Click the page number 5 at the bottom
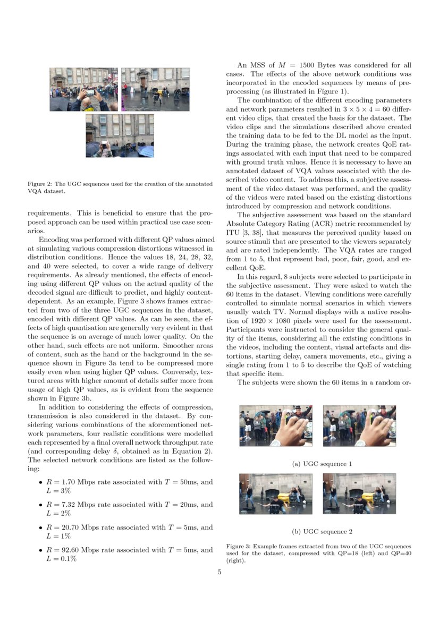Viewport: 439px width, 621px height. pos(219,572)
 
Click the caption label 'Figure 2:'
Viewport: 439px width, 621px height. pos(39,184)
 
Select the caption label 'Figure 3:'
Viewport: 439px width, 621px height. pos(238,546)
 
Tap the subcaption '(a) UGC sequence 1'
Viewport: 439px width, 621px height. pos(322,464)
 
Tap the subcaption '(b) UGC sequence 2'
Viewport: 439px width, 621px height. pos(322,531)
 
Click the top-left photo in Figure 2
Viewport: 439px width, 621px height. pos(83,89)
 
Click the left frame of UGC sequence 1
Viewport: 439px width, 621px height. pos(276,426)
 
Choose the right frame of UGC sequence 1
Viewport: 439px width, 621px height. pos(359,426)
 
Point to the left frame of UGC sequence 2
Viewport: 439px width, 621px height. pos(276,494)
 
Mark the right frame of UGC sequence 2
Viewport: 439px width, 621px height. pos(359,494)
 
